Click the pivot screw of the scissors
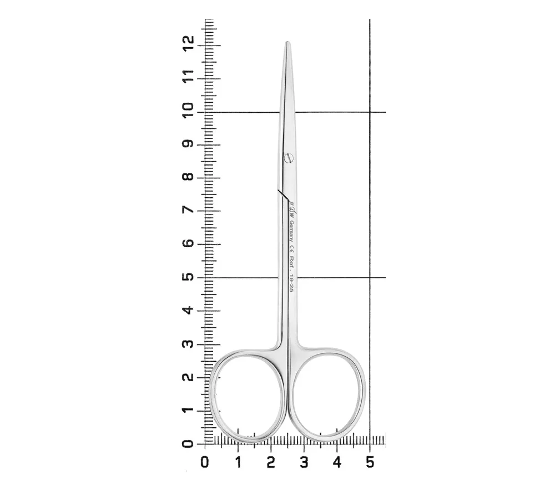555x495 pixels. [289, 158]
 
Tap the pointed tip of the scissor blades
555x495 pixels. [287, 42]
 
